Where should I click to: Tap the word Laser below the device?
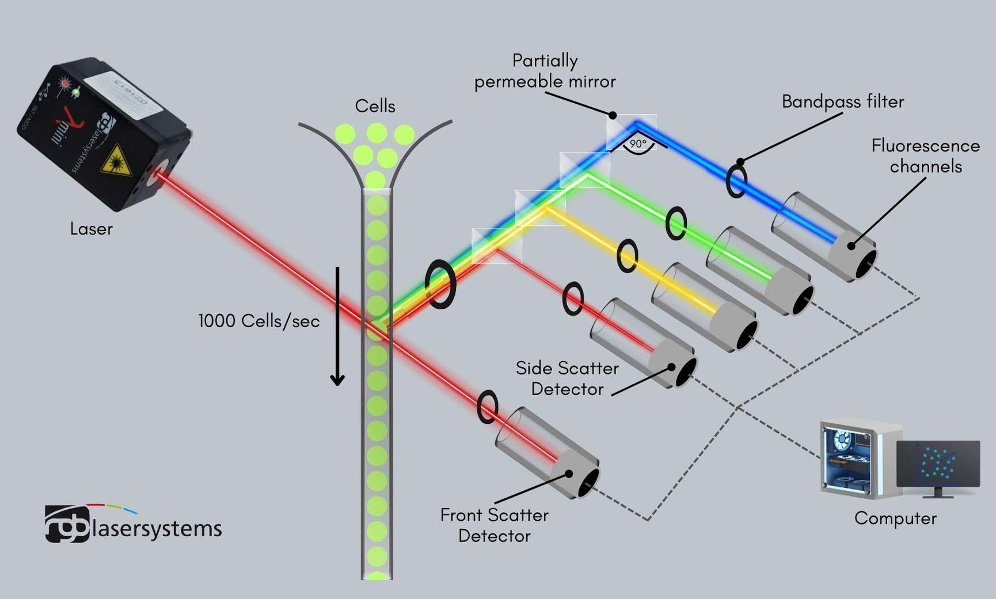point(91,229)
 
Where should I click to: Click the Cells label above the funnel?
point(375,106)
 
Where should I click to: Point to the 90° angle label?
point(638,143)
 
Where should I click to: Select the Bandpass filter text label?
point(843,102)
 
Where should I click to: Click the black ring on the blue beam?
point(736,181)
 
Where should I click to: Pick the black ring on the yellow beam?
point(627,256)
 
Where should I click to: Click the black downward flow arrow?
point(337,326)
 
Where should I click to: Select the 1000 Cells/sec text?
point(258,321)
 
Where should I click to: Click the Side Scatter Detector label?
point(567,378)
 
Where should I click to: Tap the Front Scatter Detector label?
point(494,525)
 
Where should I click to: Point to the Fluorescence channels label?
point(925,156)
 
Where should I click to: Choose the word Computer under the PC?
point(895,518)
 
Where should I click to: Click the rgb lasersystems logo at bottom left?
point(133,525)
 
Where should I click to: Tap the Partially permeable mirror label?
point(545,71)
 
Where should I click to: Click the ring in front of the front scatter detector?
point(487,407)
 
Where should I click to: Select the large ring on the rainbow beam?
point(440,284)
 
